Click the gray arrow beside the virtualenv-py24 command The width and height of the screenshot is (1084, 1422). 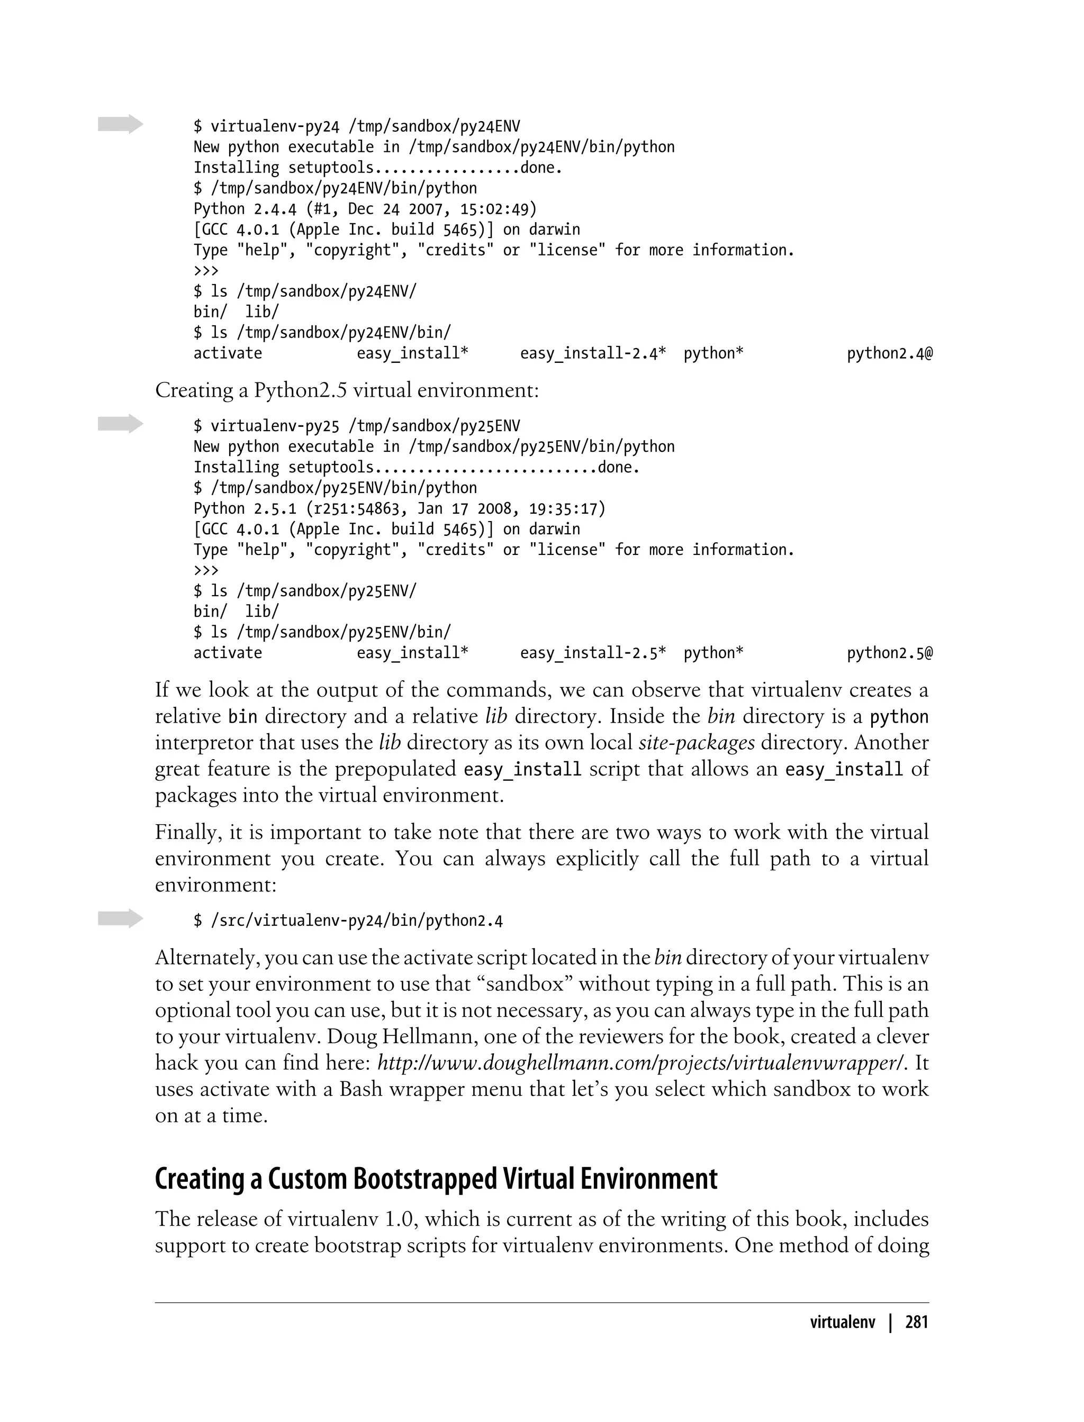120,124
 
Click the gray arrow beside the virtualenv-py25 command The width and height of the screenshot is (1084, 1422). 120,424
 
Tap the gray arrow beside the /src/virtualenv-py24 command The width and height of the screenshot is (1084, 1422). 120,918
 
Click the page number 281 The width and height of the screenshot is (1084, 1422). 916,1322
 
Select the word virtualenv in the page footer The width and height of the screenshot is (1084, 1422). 842,1322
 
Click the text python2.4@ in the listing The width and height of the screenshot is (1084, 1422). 889,353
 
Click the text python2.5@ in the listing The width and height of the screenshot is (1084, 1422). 889,653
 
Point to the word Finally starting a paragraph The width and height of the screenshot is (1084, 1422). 188,833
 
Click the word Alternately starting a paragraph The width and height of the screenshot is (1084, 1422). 206,958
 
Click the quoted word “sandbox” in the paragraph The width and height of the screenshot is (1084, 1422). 527,984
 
